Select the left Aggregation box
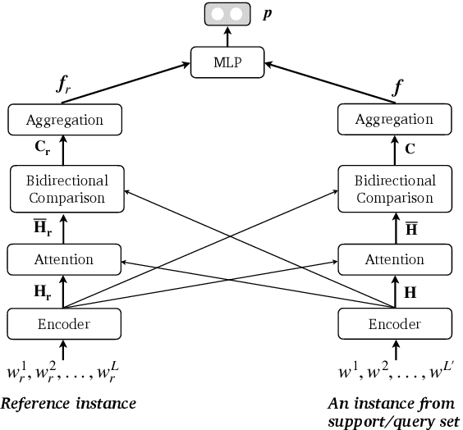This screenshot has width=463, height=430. coord(65,120)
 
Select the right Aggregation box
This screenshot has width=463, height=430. coord(393,120)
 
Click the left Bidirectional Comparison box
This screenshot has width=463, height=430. coord(65,188)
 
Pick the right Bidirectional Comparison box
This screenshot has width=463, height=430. coord(393,188)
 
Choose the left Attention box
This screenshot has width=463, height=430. coord(65,259)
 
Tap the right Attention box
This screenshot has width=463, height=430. coord(393,259)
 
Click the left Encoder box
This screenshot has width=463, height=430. coord(65,323)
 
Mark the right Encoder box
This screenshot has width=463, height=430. coord(393,323)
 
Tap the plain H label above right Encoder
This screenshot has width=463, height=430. coord(411,291)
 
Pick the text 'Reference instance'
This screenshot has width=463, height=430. coord(68,403)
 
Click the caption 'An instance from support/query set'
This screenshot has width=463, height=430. coord(392,411)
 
